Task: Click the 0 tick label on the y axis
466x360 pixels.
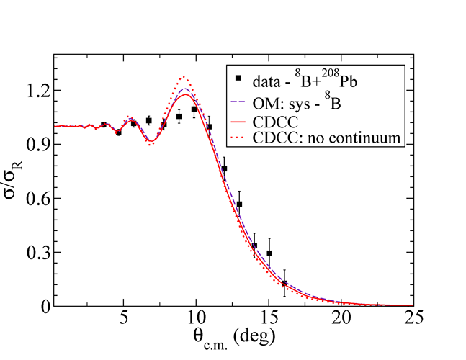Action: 45,306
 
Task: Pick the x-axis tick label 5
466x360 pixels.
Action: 124,319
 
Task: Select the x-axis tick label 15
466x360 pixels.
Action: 269,319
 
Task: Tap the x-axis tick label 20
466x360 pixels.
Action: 341,319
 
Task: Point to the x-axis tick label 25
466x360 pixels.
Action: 413,319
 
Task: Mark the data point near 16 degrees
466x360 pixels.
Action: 284,283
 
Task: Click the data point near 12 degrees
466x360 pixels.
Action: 225,168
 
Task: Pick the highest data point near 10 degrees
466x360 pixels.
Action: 194,109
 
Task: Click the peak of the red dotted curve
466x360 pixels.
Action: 184,77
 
